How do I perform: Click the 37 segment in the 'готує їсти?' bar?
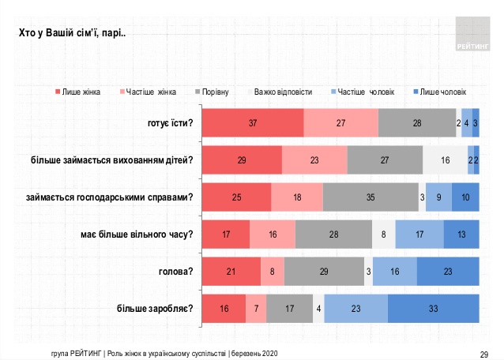point(253,123)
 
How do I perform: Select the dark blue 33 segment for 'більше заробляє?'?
point(433,308)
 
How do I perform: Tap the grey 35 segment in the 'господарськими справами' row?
point(370,197)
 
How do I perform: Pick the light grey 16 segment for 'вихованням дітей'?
point(445,160)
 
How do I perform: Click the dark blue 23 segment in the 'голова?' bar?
point(448,272)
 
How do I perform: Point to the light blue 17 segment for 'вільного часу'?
point(419,234)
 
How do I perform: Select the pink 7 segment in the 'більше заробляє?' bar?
point(256,308)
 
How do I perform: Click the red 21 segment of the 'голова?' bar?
point(231,272)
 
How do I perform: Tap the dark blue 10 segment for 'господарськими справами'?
point(465,197)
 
